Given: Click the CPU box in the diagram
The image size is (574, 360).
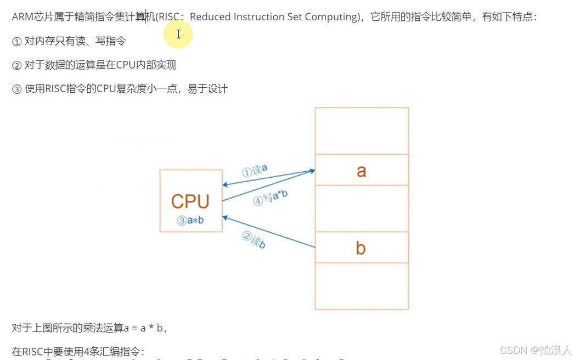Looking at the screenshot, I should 190,200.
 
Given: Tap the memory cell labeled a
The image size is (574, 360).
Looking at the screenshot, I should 361,170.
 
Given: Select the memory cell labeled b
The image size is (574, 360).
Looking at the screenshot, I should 361,248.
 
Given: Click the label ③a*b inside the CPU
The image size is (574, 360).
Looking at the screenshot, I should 190,220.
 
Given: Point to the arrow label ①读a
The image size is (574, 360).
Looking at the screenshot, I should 255,170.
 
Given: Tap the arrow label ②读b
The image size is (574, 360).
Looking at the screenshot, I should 254,240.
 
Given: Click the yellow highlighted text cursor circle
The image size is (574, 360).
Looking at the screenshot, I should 178,35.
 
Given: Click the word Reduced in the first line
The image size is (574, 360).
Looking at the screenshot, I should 210,16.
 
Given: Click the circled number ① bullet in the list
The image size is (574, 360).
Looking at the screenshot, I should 16,41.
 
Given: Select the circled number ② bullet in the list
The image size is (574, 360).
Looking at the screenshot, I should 16,65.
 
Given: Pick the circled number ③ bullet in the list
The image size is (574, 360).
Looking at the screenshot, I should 16,89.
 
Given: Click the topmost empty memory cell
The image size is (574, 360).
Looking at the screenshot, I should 361,131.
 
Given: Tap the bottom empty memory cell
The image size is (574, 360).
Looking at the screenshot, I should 361,286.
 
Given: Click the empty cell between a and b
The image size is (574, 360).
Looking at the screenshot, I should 361,209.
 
